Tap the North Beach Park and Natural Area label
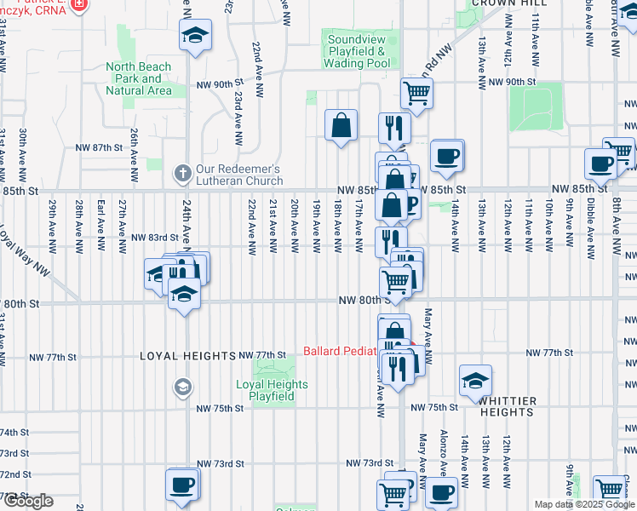click(x=138, y=78)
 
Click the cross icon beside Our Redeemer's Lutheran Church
click(x=181, y=173)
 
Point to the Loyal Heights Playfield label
click(x=272, y=390)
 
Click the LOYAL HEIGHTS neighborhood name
click(x=187, y=356)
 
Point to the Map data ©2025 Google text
click(x=582, y=504)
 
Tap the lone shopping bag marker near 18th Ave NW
click(x=341, y=126)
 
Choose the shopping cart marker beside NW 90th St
click(x=416, y=93)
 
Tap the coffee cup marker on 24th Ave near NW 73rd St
click(x=181, y=484)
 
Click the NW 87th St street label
click(x=100, y=147)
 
